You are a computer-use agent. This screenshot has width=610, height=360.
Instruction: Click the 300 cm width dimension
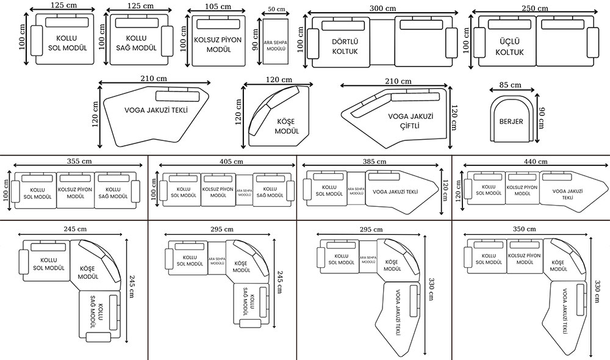382,9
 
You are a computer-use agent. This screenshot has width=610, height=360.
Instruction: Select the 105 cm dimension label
218,7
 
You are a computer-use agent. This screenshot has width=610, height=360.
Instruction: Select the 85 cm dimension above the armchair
511,85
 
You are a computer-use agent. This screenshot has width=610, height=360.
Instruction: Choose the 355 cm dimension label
79,161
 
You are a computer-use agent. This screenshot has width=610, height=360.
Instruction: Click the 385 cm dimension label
373,162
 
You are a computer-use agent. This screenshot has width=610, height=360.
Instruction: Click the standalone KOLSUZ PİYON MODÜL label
218,44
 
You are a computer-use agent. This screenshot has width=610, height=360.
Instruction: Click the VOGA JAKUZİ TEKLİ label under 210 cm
156,111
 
